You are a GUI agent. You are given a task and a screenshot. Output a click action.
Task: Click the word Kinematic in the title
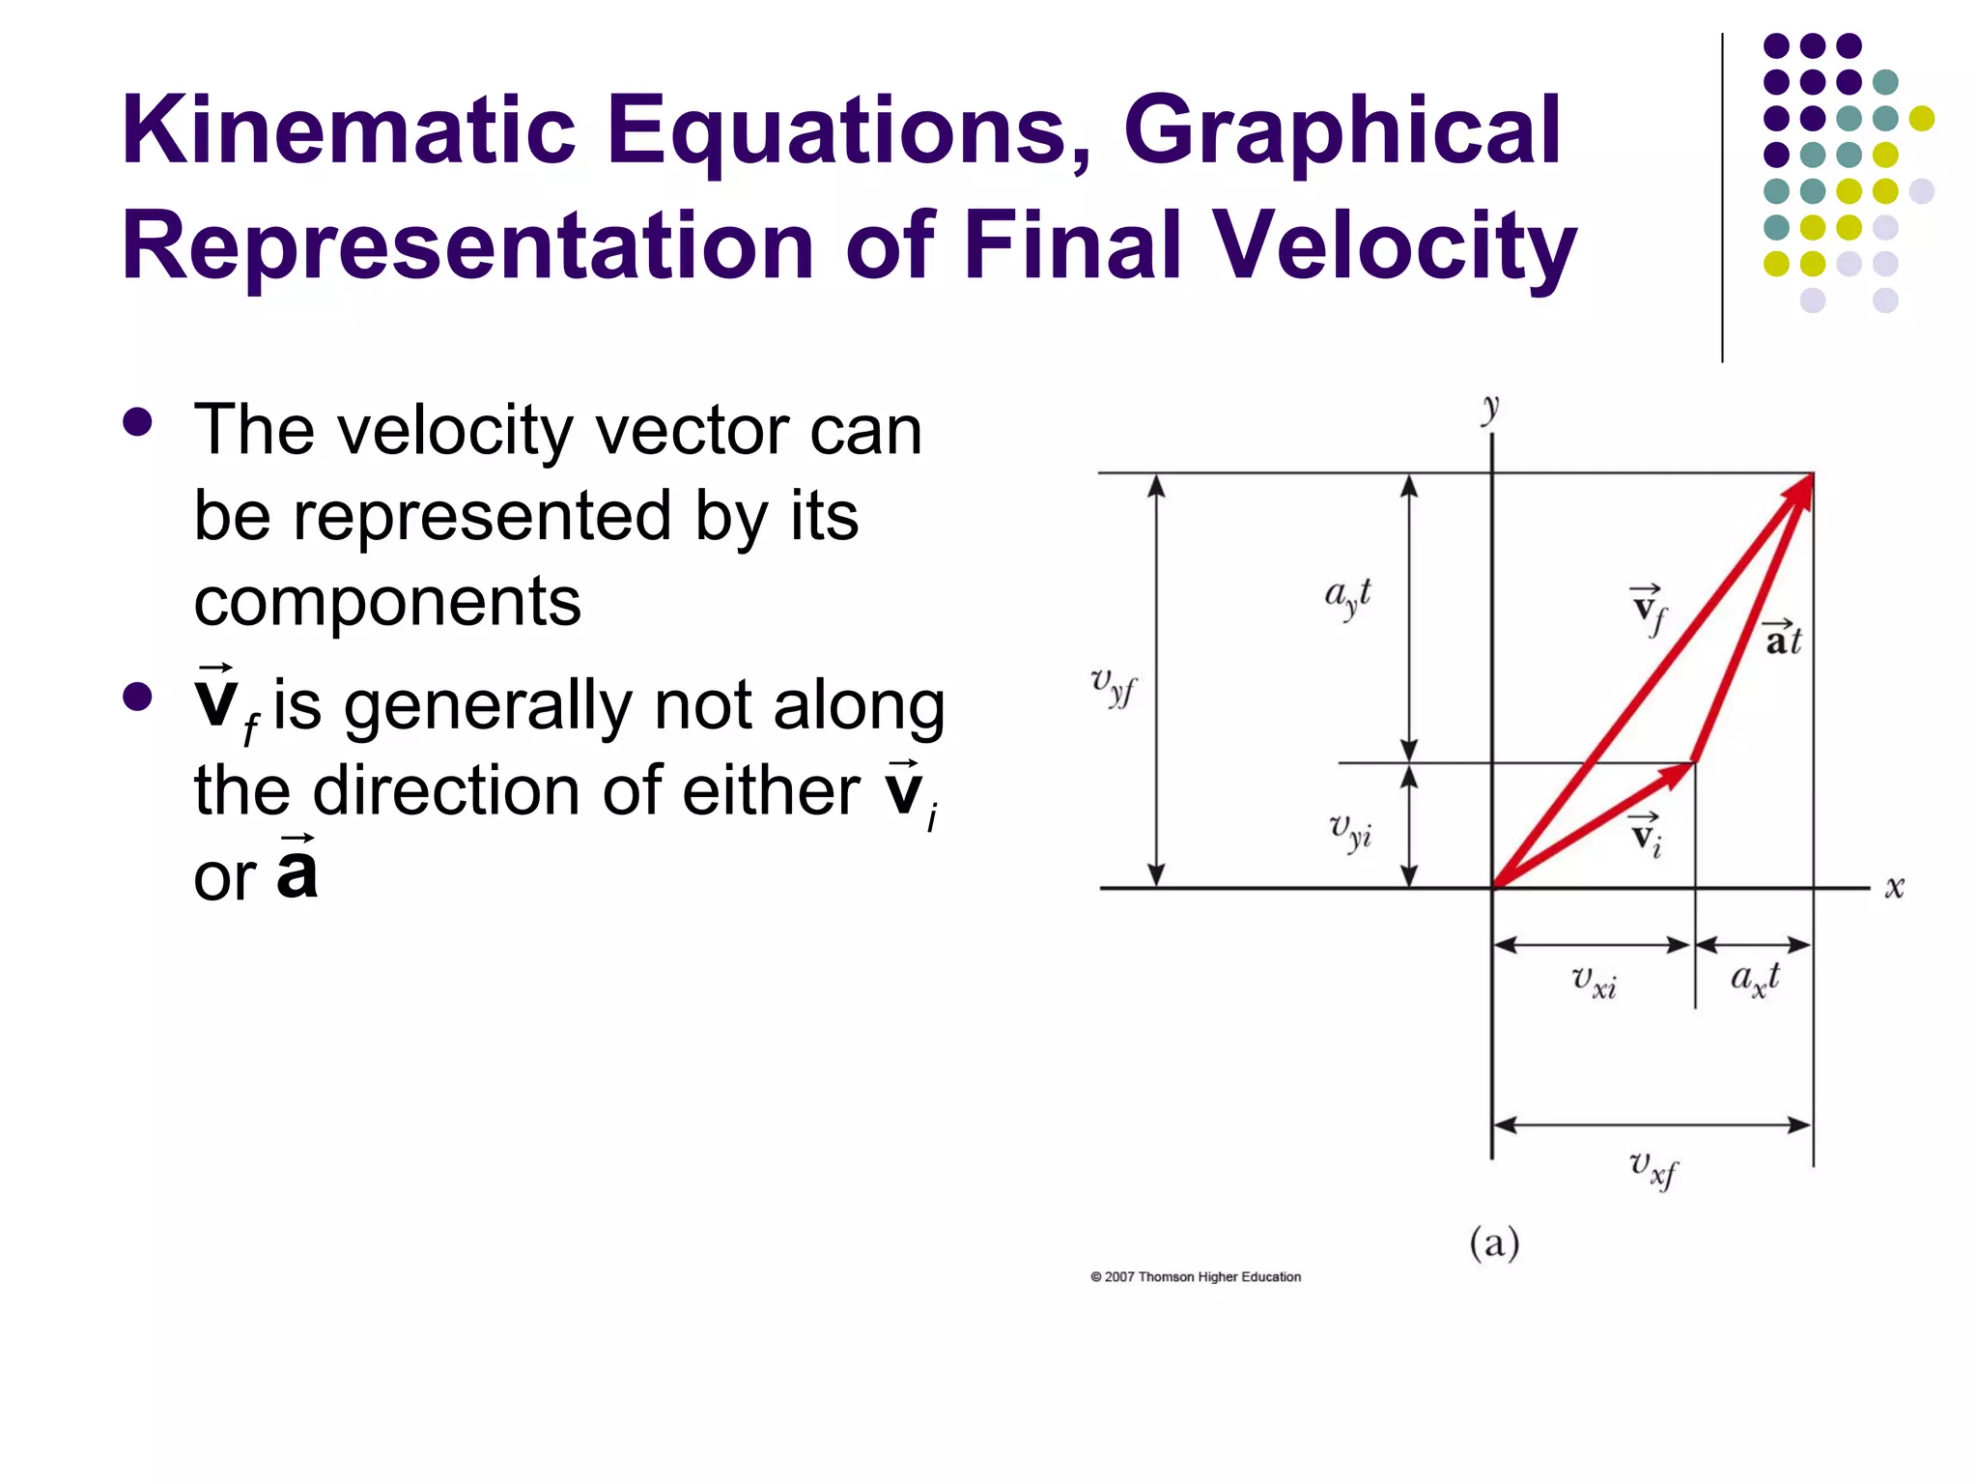[348, 129]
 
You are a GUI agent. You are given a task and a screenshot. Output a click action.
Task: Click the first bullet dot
[138, 422]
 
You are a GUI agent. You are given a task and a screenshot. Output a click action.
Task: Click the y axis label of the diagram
[1491, 410]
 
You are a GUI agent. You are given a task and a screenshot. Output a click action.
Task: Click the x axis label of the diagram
[1894, 887]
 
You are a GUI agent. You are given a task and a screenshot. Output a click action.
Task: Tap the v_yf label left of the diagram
[1114, 686]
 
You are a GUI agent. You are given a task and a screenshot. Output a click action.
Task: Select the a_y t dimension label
[1347, 596]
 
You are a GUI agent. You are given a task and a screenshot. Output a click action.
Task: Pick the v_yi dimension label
[1350, 830]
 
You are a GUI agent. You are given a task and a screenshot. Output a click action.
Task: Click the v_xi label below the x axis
[1594, 981]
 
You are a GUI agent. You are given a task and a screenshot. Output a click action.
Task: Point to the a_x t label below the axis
[1754, 979]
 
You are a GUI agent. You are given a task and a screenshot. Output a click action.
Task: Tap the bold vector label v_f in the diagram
[1649, 610]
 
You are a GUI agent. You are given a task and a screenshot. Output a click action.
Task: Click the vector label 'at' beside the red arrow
[1783, 639]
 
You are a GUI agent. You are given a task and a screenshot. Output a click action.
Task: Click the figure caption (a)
[1494, 1242]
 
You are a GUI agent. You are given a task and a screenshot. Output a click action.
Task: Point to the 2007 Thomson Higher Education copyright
[1196, 1277]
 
